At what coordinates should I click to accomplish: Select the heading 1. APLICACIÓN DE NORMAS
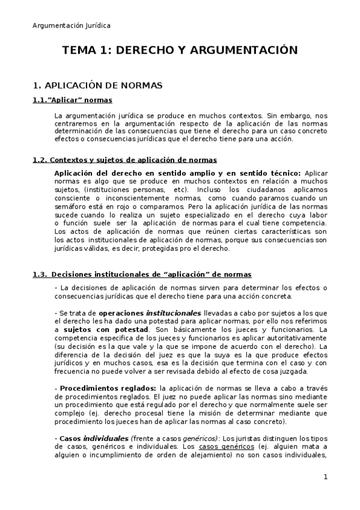[x=97, y=85]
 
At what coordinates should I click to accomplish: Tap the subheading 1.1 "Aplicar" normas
[x=72, y=100]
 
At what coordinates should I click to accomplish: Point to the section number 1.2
[x=40, y=159]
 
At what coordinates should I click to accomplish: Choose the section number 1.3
[x=40, y=274]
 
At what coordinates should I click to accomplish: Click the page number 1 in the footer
[x=325, y=478]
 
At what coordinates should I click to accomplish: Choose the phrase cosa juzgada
[x=288, y=371]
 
